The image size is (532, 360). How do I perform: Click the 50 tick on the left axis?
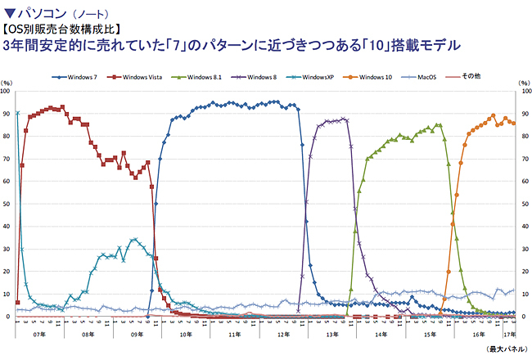pos(7,204)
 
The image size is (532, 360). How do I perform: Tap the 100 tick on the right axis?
pos(525,91)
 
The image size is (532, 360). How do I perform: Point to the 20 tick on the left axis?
pos(7,272)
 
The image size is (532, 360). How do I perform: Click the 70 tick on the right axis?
pos(524,159)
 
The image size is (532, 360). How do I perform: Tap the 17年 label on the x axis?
pos(509,335)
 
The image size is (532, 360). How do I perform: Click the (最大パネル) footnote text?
pos(505,350)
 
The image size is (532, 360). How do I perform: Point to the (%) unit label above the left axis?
pos(7,82)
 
